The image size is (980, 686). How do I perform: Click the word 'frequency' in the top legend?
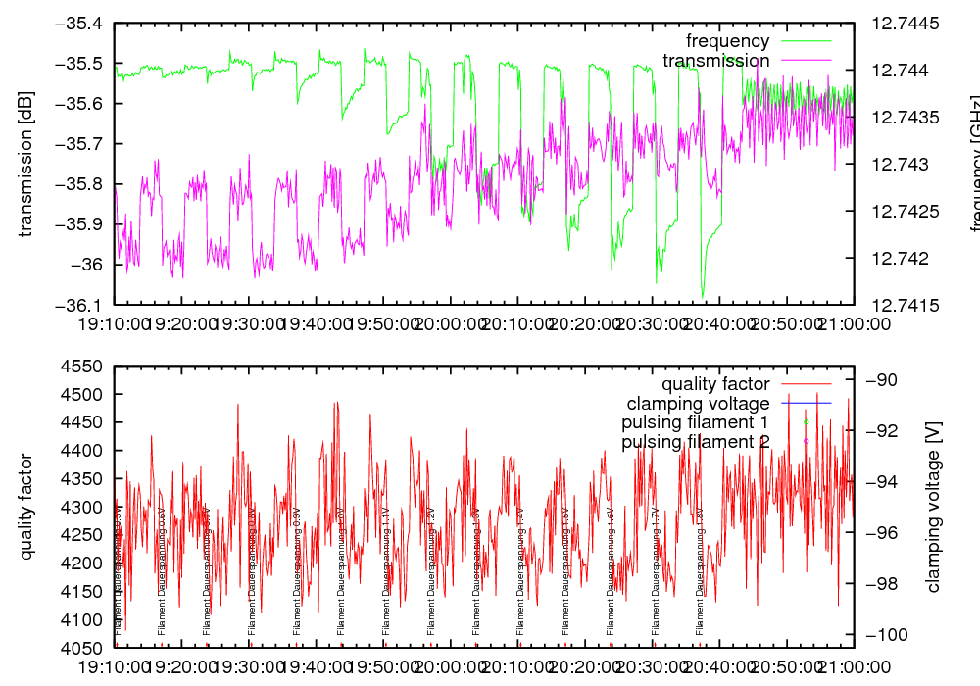click(727, 41)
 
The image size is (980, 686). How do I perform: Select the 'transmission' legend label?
click(716, 61)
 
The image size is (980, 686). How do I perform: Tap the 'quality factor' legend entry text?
click(715, 384)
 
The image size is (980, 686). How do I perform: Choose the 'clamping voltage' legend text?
click(698, 404)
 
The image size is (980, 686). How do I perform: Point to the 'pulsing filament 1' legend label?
click(695, 422)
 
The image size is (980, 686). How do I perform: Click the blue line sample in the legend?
click(807, 403)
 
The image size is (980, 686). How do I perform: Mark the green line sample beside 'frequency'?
click(807, 41)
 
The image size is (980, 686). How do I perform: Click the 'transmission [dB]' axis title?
click(26, 164)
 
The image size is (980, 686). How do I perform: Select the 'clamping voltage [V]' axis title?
click(934, 507)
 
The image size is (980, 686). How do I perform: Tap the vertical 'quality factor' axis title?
click(26, 507)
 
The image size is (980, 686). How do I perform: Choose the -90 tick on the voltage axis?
click(880, 380)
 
